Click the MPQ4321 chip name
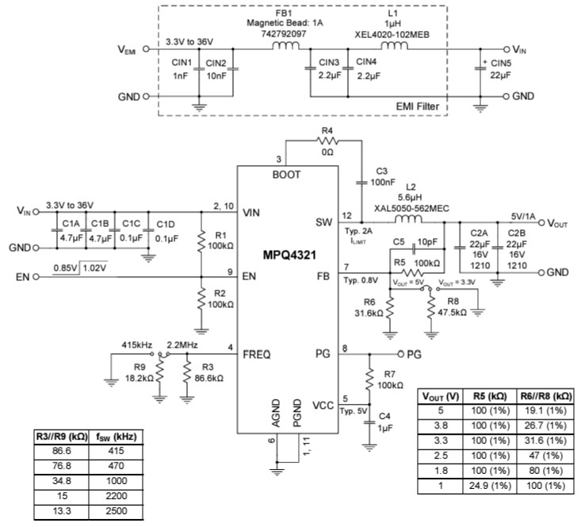[290, 257]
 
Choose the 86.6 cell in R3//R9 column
[48, 448]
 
